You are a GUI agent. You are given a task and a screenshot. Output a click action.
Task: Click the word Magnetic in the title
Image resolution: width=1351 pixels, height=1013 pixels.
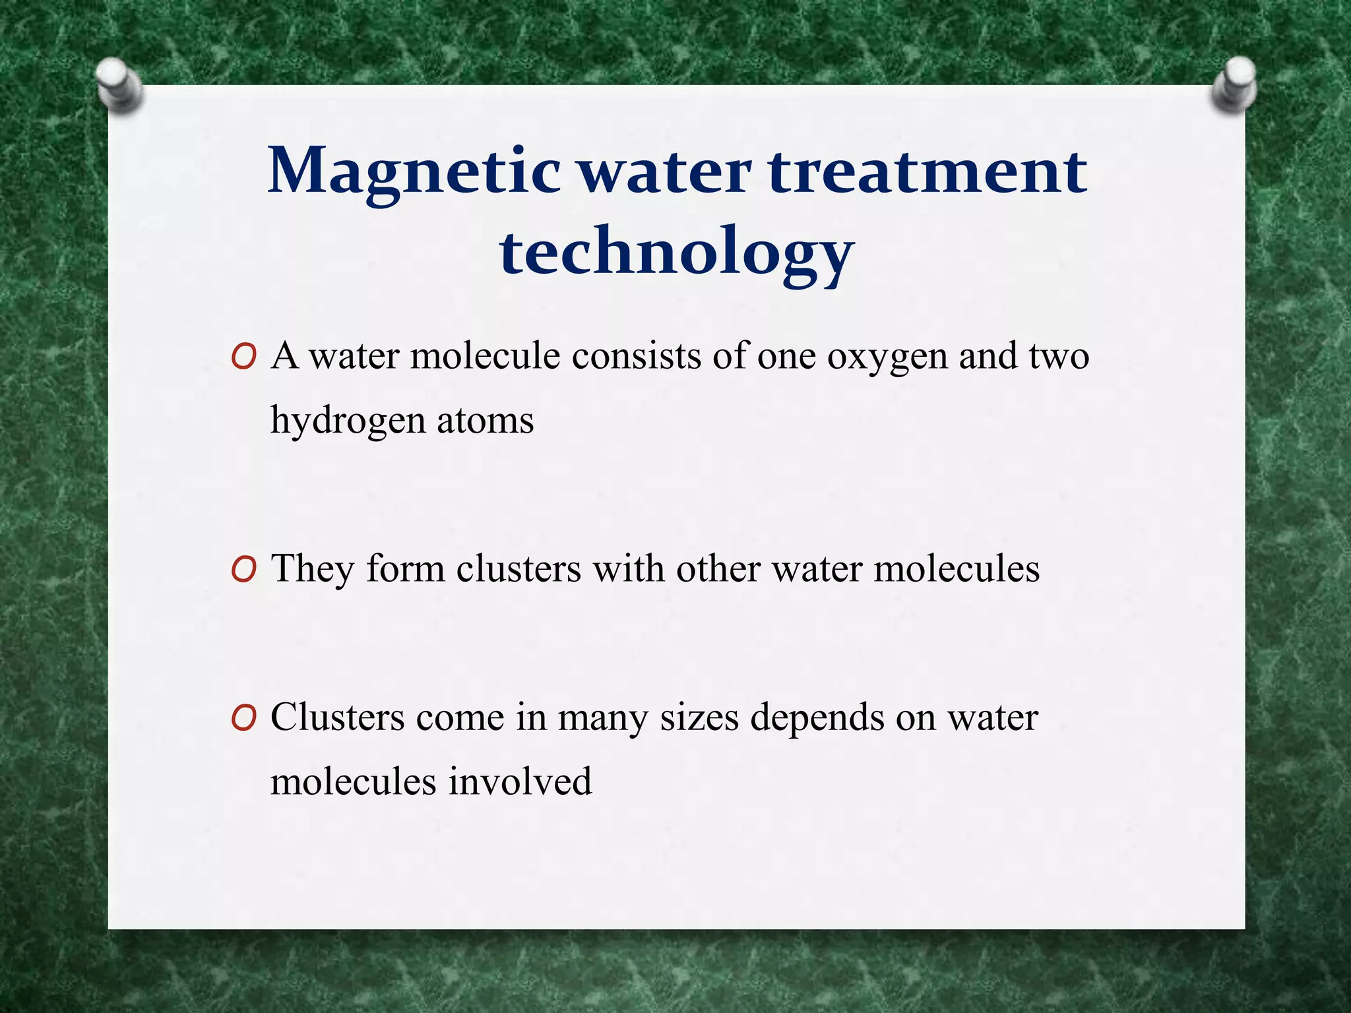(414, 173)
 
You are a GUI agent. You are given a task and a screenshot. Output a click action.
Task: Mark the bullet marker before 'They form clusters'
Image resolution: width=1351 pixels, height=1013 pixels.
(243, 570)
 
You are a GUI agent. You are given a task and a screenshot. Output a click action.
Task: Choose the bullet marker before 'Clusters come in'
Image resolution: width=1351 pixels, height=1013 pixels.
(243, 718)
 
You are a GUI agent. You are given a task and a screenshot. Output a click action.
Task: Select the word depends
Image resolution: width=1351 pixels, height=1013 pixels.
(817, 719)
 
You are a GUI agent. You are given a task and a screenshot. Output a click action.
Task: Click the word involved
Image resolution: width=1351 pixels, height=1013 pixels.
(520, 782)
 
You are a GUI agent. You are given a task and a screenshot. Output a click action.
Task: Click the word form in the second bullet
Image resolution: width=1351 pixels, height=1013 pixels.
(406, 569)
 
